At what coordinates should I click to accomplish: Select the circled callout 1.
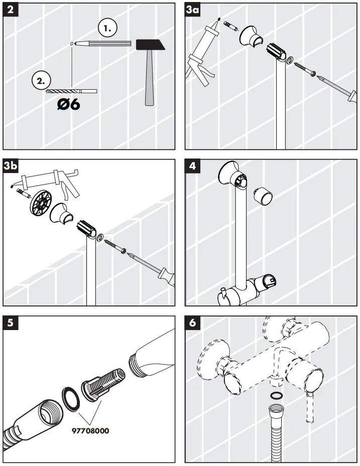coord(107,29)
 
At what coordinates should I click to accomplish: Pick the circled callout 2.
coord(41,79)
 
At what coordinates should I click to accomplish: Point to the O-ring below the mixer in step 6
coord(275,396)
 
